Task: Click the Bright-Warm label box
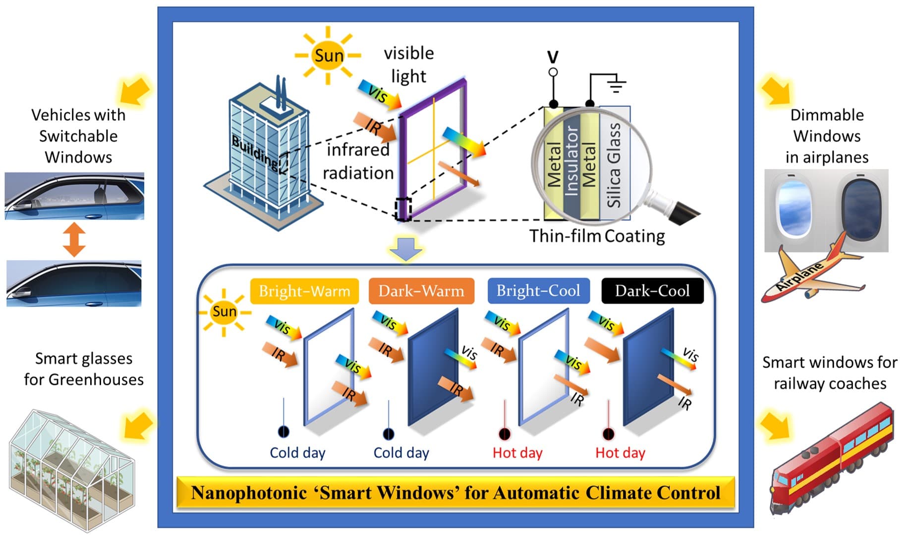tap(304, 291)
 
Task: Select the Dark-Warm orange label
tap(421, 291)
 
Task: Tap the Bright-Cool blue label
tap(538, 291)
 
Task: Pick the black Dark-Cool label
tap(652, 291)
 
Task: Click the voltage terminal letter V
tap(553, 56)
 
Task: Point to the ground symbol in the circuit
tap(616, 85)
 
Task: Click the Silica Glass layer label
tap(614, 165)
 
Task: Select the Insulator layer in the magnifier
tap(571, 161)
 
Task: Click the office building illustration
tap(265, 154)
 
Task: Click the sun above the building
tap(328, 55)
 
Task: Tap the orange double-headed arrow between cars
tap(74, 240)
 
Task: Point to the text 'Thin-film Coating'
tap(597, 236)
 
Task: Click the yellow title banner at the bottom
tap(455, 492)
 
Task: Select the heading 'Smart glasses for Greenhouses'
tap(84, 369)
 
